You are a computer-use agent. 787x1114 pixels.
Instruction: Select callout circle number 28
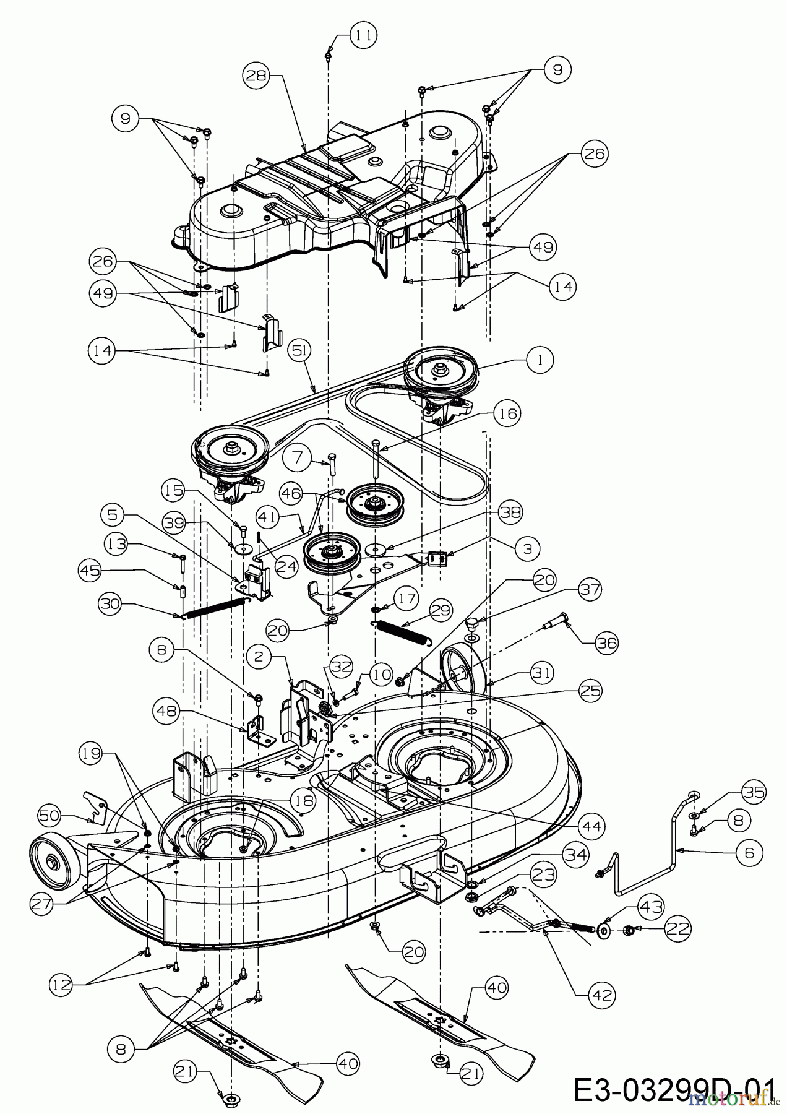click(x=257, y=76)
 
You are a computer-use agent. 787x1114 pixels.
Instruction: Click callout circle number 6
click(x=749, y=853)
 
